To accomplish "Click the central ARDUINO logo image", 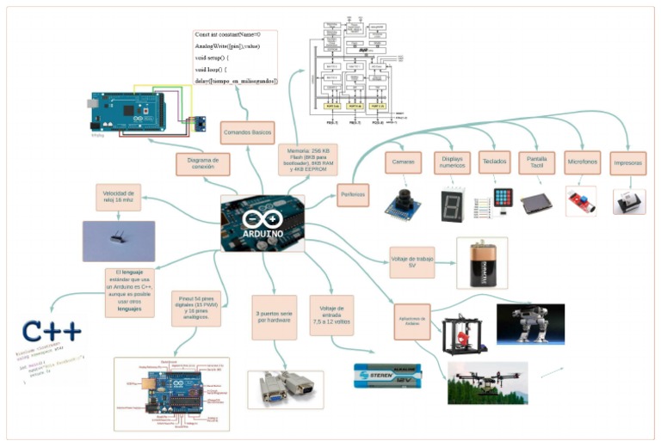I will (x=263, y=223).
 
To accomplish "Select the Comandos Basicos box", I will (x=248, y=132).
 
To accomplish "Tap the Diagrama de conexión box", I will (x=203, y=163).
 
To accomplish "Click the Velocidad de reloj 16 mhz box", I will (x=117, y=197).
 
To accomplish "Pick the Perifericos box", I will (x=352, y=194).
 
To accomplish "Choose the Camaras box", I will (x=402, y=162).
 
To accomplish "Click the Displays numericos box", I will (x=453, y=162).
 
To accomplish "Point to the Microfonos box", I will (x=582, y=162).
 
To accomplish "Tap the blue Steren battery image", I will (x=388, y=375).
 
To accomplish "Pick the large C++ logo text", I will (x=53, y=332).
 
